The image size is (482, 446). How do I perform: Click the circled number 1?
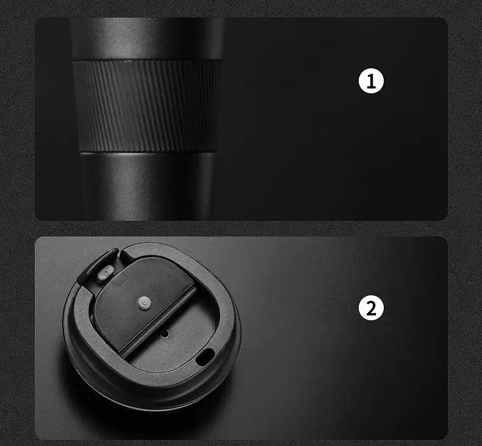pyautogui.click(x=371, y=81)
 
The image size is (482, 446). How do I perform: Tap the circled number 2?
pyautogui.click(x=371, y=308)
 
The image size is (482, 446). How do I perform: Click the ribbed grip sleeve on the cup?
pyautogui.click(x=147, y=106)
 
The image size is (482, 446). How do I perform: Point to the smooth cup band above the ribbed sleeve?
pyautogui.click(x=147, y=38)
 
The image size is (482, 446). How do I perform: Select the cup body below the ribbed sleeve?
pyautogui.click(x=147, y=186)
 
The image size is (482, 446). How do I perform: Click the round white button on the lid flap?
pyautogui.click(x=143, y=303)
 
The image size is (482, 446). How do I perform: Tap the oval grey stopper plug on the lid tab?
pyautogui.click(x=104, y=273)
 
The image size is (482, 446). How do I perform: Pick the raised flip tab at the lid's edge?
pyautogui.click(x=98, y=266)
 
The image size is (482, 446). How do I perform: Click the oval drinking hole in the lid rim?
pyautogui.click(x=205, y=357)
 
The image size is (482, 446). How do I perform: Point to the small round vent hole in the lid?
pyautogui.click(x=165, y=333)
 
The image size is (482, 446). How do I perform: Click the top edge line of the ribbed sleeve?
pyautogui.click(x=147, y=60)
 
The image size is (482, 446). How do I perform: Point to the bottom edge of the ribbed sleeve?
pyautogui.click(x=147, y=152)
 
